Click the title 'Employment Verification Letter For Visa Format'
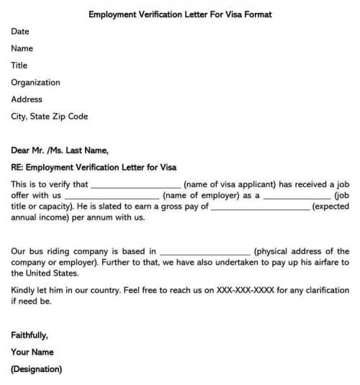(x=179, y=14)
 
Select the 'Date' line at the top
(x=20, y=32)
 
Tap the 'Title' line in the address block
(x=19, y=65)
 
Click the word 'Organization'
(x=35, y=83)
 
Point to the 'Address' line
(x=27, y=99)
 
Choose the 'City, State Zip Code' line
(x=50, y=117)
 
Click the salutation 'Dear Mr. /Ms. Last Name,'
(x=60, y=150)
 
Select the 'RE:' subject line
(x=94, y=168)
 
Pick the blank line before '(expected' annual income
(x=261, y=207)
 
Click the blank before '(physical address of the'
(x=205, y=252)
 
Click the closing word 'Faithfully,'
(x=30, y=335)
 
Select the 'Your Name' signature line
(x=32, y=353)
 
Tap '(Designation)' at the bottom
(x=37, y=370)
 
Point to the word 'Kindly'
(x=24, y=291)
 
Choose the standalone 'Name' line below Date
(x=22, y=49)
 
